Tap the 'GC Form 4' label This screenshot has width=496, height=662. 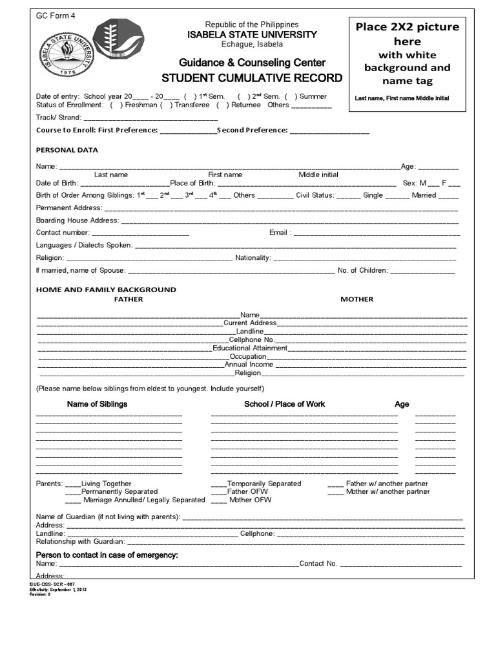(x=56, y=16)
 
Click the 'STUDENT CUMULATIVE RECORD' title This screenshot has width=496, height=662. (x=252, y=78)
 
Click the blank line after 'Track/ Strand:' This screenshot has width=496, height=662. (x=150, y=118)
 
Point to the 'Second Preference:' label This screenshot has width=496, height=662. (x=252, y=130)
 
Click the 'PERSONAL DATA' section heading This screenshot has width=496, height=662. (x=67, y=150)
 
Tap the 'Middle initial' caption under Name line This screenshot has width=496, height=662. (x=318, y=175)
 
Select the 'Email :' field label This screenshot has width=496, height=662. (x=280, y=233)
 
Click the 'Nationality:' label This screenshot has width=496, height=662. (x=253, y=258)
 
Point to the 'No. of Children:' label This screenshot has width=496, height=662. (x=362, y=270)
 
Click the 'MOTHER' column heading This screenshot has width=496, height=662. (x=357, y=299)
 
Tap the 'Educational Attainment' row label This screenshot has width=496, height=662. (x=250, y=348)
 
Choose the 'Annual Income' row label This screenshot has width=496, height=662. (x=249, y=365)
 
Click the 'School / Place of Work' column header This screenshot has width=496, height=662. (x=284, y=404)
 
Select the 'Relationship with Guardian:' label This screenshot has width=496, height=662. (x=80, y=542)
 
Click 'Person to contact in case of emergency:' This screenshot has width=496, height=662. (x=107, y=555)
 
